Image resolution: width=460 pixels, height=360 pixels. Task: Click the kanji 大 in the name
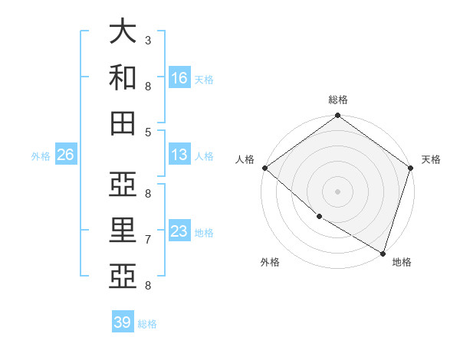click(x=123, y=31)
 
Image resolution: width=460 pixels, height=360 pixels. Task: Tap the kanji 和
click(x=123, y=77)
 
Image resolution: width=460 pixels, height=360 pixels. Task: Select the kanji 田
click(x=123, y=123)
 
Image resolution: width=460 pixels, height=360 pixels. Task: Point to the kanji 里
click(x=123, y=231)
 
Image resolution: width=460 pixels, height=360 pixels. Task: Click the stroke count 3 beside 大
click(x=148, y=40)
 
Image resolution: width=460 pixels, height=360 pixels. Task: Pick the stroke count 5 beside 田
click(x=148, y=132)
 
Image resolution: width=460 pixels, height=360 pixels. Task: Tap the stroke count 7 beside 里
click(x=148, y=239)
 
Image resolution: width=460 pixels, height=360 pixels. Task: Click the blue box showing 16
click(x=179, y=77)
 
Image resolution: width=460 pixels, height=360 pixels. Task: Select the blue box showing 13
click(x=179, y=155)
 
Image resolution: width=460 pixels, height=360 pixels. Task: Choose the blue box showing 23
click(x=179, y=231)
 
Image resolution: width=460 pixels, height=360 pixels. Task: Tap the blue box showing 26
click(x=65, y=155)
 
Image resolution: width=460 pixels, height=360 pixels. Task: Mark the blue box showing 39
click(x=122, y=322)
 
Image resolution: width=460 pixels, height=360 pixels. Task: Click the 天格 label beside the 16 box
click(x=204, y=79)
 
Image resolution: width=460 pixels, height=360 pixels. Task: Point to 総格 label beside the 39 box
click(x=147, y=324)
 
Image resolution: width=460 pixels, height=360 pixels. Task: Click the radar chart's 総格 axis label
click(x=338, y=100)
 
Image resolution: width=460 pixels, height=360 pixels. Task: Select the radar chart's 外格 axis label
click(x=270, y=262)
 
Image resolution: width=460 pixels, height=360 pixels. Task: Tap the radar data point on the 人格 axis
click(x=264, y=168)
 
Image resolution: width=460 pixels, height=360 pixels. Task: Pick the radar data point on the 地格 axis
click(x=383, y=253)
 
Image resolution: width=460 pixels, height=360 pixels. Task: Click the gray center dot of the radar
click(x=338, y=191)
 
